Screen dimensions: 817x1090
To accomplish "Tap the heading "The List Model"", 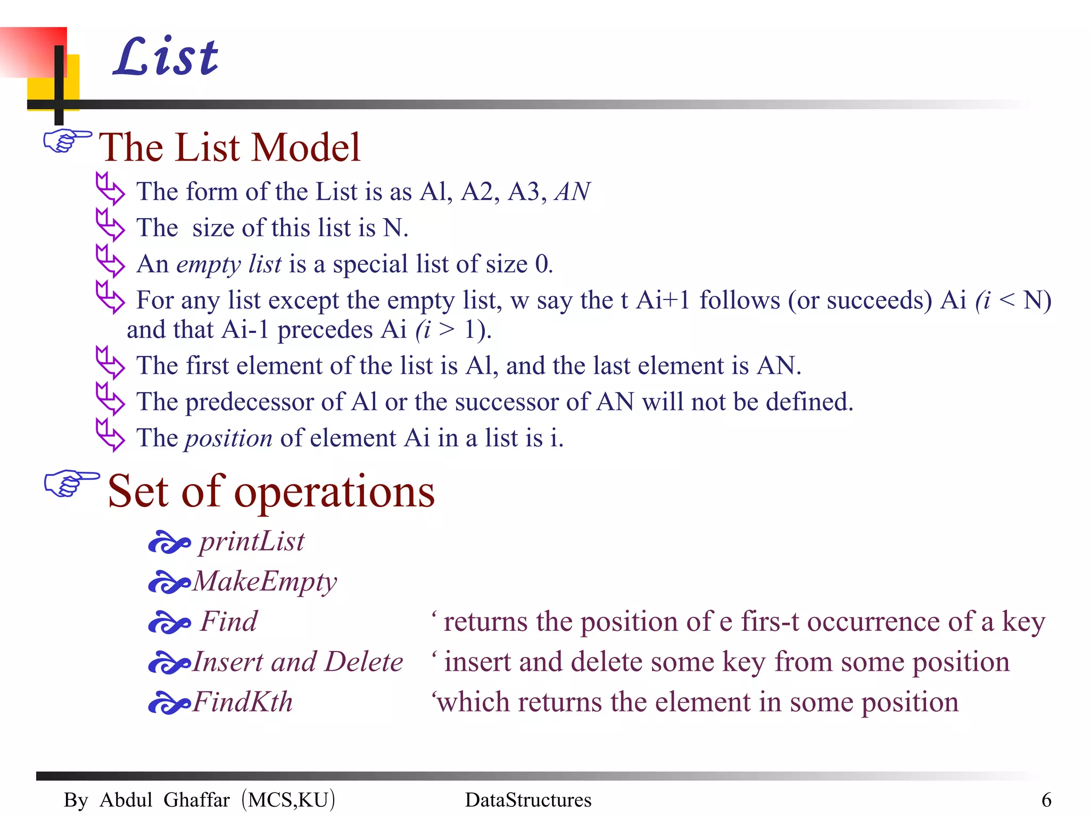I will click(x=230, y=147).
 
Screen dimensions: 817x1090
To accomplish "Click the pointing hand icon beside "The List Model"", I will click(x=67, y=141).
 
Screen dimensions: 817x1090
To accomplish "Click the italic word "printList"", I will click(x=251, y=541).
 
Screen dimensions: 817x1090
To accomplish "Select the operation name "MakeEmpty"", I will click(x=265, y=581).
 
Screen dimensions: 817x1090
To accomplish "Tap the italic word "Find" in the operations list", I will click(x=229, y=621).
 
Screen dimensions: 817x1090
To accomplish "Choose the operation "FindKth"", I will click(x=242, y=702).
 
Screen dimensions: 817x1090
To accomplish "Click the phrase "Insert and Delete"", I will click(x=298, y=662).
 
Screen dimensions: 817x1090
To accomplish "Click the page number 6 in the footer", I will click(x=1046, y=800).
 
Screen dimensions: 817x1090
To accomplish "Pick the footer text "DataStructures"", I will click(x=528, y=800).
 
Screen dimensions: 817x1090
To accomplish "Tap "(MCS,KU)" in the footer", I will click(x=288, y=800).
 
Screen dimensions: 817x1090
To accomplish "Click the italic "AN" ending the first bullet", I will click(x=572, y=191).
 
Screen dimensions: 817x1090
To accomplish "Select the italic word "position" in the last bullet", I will click(x=228, y=438).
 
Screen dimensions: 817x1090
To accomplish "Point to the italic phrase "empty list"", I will click(x=229, y=264).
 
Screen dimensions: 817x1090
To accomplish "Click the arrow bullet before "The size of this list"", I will click(x=110, y=225).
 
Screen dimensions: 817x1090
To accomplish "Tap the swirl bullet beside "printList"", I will click(x=169, y=543).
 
